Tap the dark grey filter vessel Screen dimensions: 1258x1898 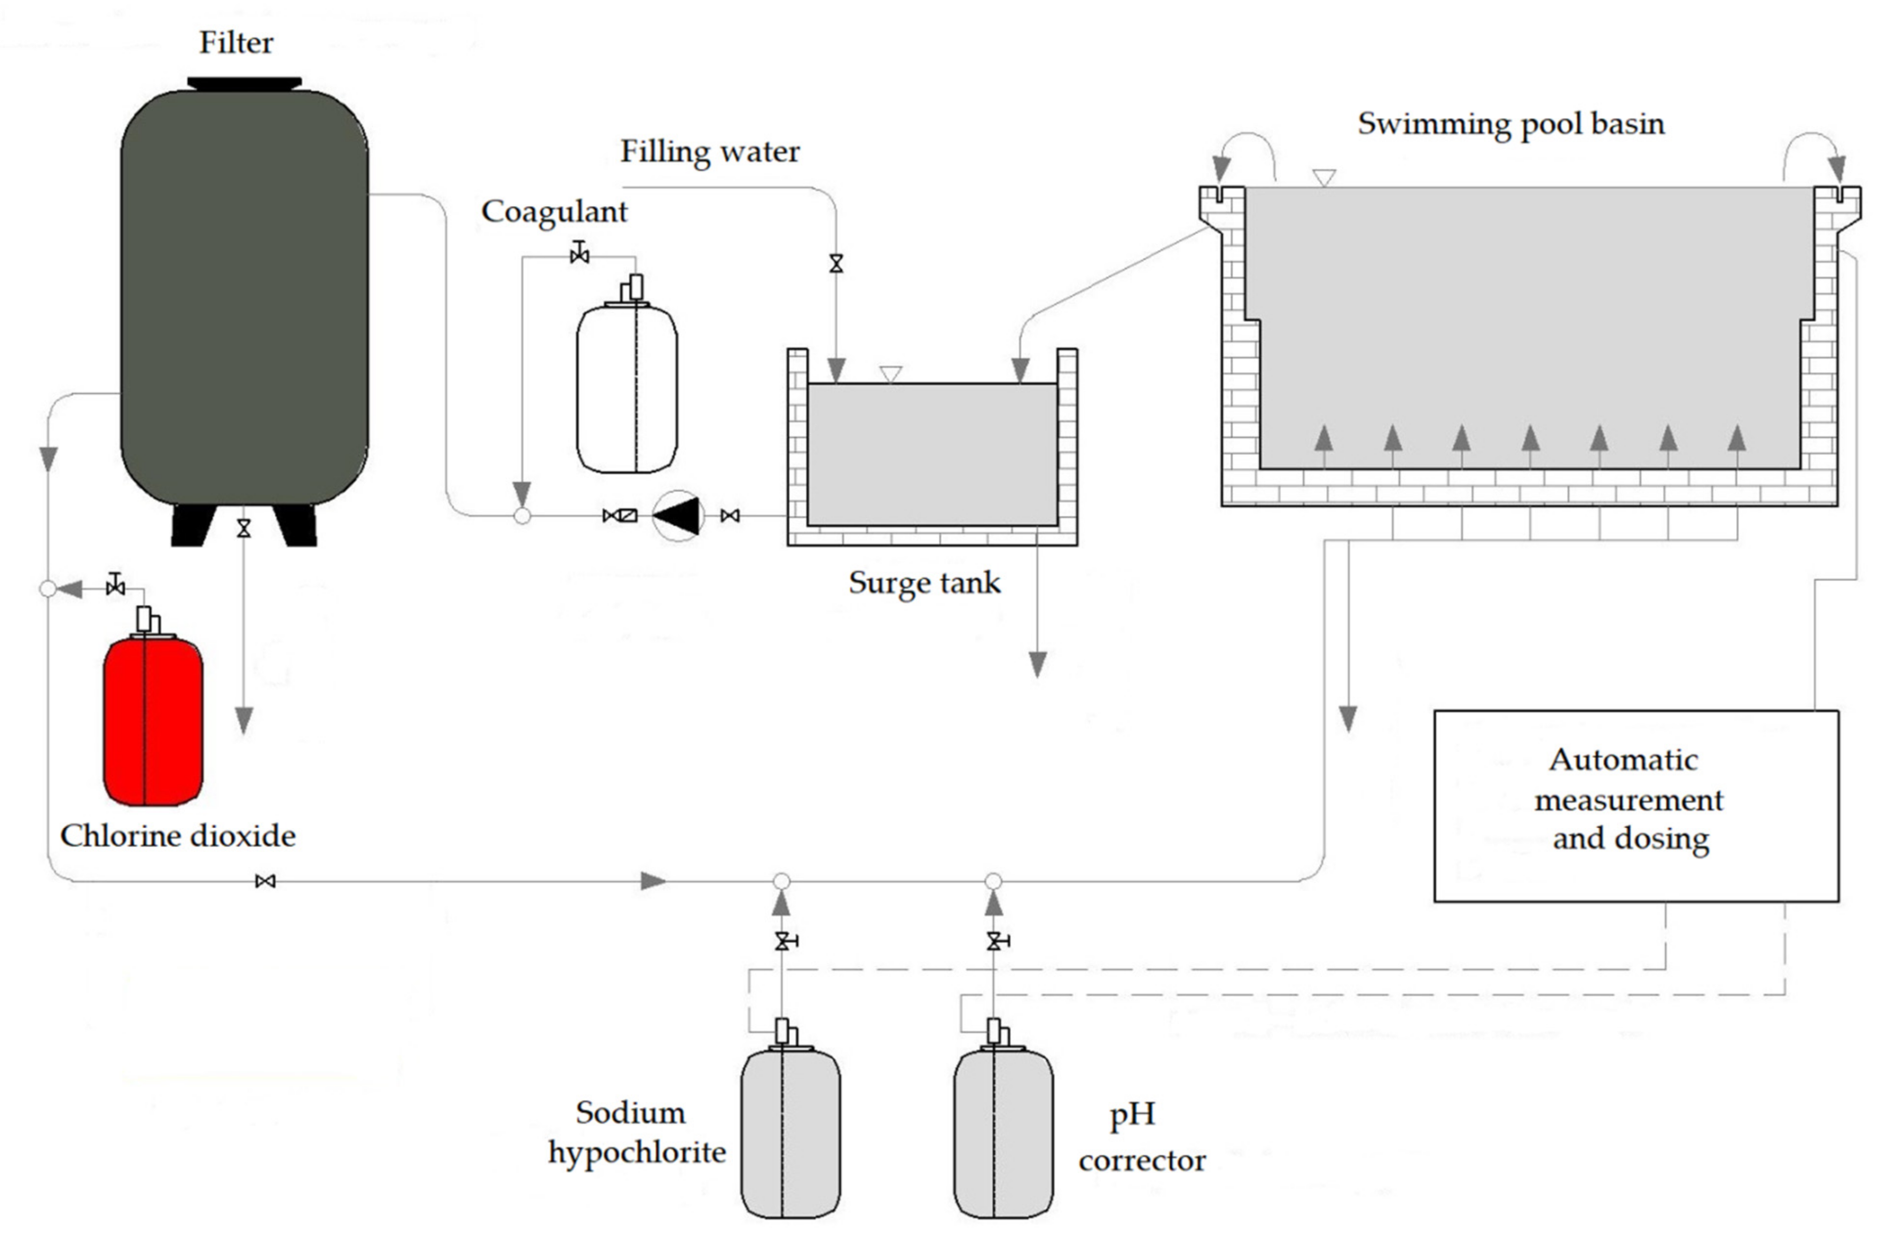point(244,297)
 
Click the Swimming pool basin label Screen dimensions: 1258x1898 point(1511,124)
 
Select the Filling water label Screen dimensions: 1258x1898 point(710,152)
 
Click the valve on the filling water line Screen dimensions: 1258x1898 point(836,263)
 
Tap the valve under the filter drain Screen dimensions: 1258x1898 point(244,528)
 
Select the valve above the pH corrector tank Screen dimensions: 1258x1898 point(994,941)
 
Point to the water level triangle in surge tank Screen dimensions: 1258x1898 point(890,374)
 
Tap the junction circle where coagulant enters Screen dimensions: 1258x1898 point(522,516)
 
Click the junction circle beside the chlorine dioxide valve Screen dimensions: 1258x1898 point(48,589)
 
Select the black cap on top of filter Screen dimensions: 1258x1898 point(244,83)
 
